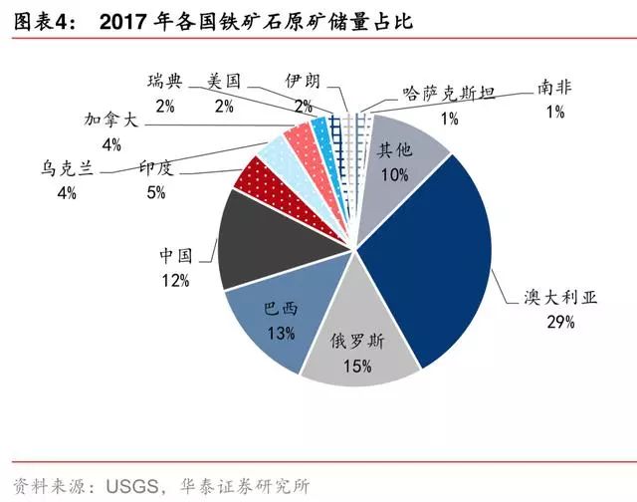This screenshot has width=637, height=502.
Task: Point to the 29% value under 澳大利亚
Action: (558, 322)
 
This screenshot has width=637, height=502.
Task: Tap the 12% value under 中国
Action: (175, 281)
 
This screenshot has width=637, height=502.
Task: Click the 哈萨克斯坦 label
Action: (450, 93)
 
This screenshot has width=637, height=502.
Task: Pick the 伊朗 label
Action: (302, 80)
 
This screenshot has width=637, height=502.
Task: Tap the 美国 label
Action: (225, 80)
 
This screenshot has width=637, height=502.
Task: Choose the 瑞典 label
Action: (163, 80)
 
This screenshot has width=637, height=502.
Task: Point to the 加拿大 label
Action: (111, 121)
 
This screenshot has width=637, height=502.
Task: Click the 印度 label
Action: (156, 168)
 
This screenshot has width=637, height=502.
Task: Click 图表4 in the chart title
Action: (42, 22)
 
